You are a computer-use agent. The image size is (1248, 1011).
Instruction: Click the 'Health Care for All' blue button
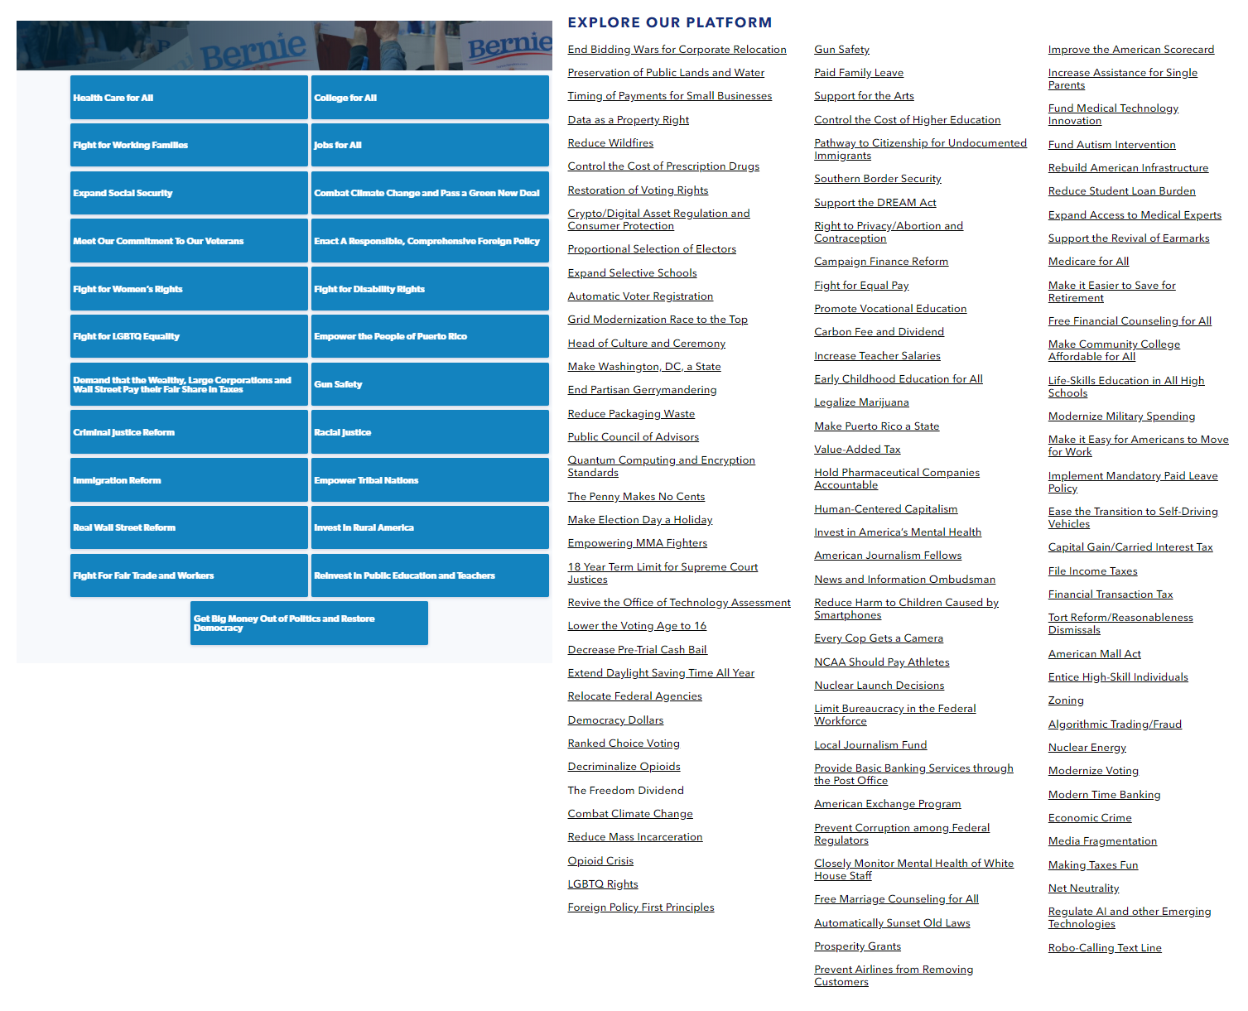pyautogui.click(x=189, y=98)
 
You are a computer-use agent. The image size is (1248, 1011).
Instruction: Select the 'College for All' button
pyautogui.click(x=430, y=98)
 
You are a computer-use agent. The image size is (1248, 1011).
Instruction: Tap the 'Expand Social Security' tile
pyautogui.click(x=189, y=193)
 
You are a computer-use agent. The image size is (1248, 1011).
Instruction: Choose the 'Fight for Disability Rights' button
pyautogui.click(x=430, y=289)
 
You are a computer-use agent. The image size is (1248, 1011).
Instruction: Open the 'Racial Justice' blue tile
pyautogui.click(x=430, y=432)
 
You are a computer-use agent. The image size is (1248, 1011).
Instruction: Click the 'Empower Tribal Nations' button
pyautogui.click(x=430, y=480)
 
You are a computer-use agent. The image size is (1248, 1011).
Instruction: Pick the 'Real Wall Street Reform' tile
pyautogui.click(x=189, y=527)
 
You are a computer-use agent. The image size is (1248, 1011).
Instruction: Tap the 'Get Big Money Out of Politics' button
pyautogui.click(x=309, y=623)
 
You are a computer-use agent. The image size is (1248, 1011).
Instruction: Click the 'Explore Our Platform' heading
pyautogui.click(x=669, y=22)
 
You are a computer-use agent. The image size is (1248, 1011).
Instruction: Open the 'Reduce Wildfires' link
pyautogui.click(x=610, y=143)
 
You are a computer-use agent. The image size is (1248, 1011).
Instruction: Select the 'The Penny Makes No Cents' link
pyautogui.click(x=636, y=497)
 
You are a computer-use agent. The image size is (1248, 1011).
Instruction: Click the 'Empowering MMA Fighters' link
pyautogui.click(x=637, y=543)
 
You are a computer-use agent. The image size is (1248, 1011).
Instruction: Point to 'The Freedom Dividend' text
pyautogui.click(x=625, y=791)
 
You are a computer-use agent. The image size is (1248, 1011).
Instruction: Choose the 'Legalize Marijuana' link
pyautogui.click(x=861, y=402)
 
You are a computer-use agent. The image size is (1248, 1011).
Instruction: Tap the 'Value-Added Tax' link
pyautogui.click(x=857, y=450)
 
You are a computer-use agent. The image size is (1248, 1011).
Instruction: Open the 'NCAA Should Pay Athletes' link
pyautogui.click(x=881, y=662)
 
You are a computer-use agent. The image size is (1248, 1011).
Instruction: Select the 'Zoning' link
pyautogui.click(x=1066, y=700)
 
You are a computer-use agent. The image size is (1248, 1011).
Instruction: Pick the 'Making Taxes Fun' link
pyautogui.click(x=1092, y=865)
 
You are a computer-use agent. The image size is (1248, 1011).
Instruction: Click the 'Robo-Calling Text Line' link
pyautogui.click(x=1105, y=948)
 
